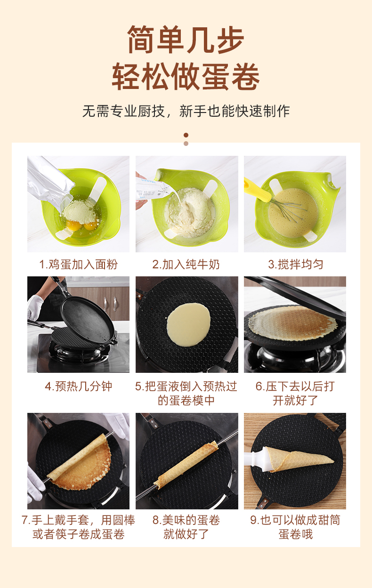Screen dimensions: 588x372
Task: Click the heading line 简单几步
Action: click(x=186, y=40)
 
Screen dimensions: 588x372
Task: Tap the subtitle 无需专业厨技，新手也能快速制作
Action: click(x=186, y=111)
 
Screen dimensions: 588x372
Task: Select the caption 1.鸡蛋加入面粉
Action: click(x=78, y=264)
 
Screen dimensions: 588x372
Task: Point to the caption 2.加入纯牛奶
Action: click(x=186, y=264)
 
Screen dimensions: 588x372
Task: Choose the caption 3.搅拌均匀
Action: click(x=295, y=264)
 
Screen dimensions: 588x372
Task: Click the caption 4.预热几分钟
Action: click(x=78, y=387)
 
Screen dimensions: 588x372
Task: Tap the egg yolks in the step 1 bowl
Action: click(x=80, y=226)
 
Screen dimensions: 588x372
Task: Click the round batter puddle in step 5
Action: click(x=188, y=324)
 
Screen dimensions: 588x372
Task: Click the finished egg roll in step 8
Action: click(x=186, y=464)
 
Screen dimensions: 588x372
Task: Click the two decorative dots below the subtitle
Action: click(x=186, y=139)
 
